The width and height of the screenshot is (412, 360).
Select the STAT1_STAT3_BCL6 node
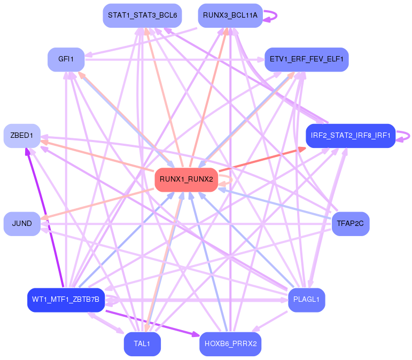click(142, 15)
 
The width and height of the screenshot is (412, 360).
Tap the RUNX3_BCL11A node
click(230, 15)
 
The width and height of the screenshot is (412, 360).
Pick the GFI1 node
click(66, 59)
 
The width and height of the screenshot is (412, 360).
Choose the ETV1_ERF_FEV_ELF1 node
click(306, 59)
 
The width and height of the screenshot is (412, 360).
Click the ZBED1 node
click(22, 136)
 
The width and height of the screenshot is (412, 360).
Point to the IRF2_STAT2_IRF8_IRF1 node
click(350, 136)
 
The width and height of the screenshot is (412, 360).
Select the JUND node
click(22, 223)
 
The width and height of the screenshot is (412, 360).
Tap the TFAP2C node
click(350, 223)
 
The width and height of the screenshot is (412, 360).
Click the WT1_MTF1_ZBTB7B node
click(65, 300)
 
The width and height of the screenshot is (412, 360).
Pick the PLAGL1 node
click(306, 300)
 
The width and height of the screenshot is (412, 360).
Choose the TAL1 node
click(142, 344)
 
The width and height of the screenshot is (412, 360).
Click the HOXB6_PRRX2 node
click(230, 344)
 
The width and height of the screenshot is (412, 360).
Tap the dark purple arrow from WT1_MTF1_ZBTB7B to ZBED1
click(44, 216)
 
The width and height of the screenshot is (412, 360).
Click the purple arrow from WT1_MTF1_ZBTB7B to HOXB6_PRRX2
click(150, 319)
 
